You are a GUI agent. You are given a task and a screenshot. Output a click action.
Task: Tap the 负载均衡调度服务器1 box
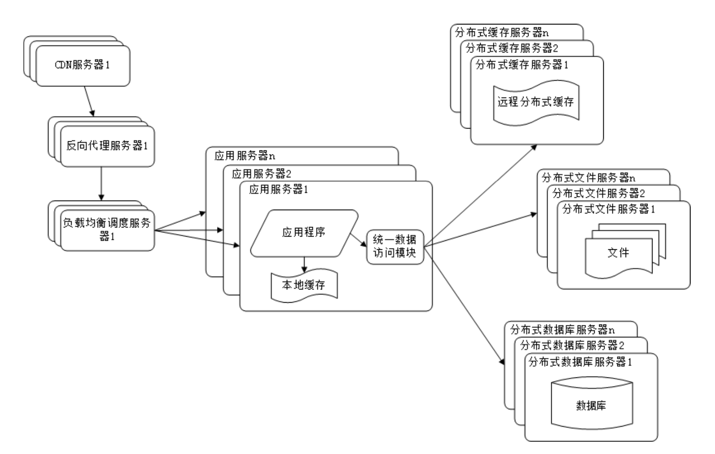pyautogui.click(x=107, y=230)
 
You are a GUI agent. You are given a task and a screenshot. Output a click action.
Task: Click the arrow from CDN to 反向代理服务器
pyautogui.click(x=89, y=100)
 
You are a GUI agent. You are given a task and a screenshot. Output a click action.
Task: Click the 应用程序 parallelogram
pyautogui.click(x=304, y=232)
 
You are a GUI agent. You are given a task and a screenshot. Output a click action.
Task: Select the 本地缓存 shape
pyautogui.click(x=304, y=285)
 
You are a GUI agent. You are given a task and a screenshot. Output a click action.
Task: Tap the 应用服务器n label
pyautogui.click(x=245, y=155)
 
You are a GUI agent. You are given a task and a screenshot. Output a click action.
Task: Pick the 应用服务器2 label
pyautogui.click(x=261, y=173)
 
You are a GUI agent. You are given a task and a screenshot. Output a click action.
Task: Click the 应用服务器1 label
pyautogui.click(x=279, y=190)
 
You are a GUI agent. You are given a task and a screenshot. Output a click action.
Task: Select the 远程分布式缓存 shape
pyautogui.click(x=536, y=102)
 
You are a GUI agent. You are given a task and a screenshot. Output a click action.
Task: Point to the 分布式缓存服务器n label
pyautogui.click(x=502, y=32)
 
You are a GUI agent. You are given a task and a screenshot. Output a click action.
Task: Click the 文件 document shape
pyautogui.click(x=618, y=252)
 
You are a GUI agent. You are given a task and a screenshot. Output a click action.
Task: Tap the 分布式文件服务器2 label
pyautogui.click(x=599, y=193)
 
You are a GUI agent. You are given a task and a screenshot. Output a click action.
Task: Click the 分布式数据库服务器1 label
pyautogui.click(x=580, y=362)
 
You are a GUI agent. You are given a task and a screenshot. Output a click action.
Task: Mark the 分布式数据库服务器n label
pyautogui.click(x=563, y=329)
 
